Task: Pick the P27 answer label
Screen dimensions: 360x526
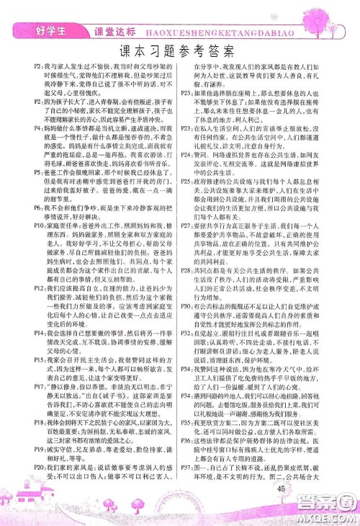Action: click(187, 225)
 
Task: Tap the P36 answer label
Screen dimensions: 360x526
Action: click(187, 440)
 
